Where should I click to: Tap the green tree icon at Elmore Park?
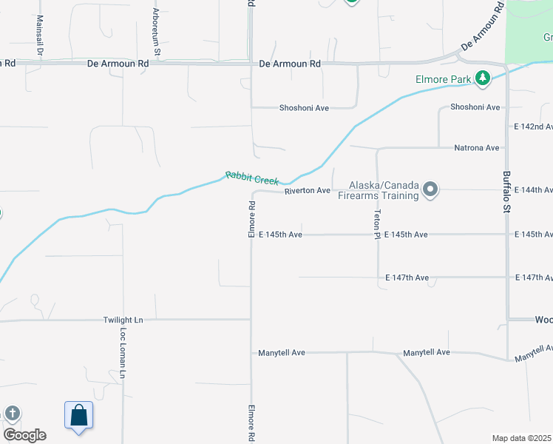coord(483,78)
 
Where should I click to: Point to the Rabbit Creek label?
coord(252,178)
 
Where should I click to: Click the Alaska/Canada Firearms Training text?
coord(379,190)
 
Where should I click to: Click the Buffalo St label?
coord(507,188)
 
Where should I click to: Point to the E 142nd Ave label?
coord(533,127)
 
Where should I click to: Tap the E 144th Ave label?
coord(533,190)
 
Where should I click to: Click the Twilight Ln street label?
coord(123,320)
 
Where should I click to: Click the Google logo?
coord(25,434)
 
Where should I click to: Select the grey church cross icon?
coord(12,414)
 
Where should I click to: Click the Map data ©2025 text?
coord(522,438)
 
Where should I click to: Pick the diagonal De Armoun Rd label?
coord(482,26)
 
